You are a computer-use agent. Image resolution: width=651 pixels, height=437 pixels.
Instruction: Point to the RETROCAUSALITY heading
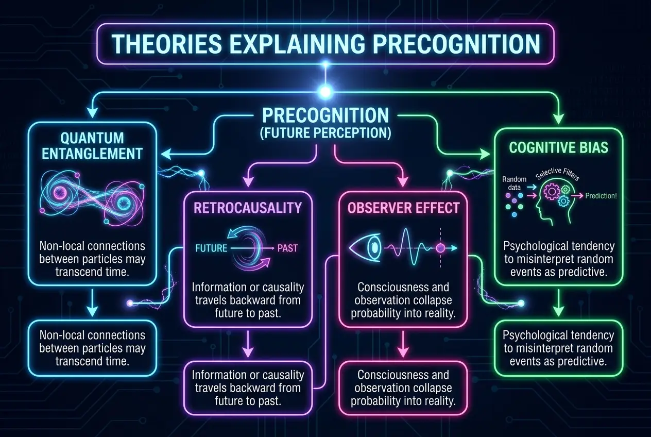click(248, 208)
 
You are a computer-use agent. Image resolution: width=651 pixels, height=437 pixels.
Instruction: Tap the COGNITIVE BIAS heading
click(558, 147)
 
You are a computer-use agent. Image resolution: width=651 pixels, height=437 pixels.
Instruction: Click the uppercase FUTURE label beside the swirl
click(211, 248)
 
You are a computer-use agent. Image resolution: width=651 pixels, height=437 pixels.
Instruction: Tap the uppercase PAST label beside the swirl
click(287, 248)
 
